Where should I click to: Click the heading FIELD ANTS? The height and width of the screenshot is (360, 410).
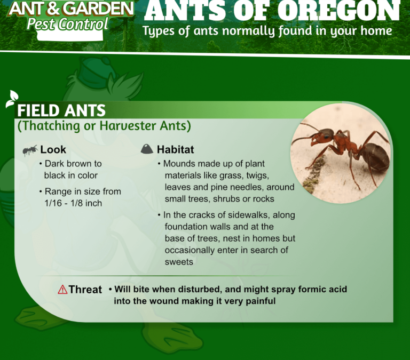tap(61, 110)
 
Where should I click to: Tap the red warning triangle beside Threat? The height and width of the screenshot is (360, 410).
tap(63, 290)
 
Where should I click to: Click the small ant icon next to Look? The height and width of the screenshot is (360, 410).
tap(30, 150)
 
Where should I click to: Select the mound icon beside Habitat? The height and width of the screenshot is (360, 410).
tap(147, 149)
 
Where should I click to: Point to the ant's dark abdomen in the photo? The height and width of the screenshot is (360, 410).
tap(374, 157)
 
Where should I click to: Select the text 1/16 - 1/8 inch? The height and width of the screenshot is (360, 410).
tap(73, 203)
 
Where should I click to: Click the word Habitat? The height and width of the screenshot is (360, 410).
tap(176, 150)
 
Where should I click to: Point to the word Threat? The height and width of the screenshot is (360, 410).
tap(85, 290)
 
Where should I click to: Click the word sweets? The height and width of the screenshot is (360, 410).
tap(179, 262)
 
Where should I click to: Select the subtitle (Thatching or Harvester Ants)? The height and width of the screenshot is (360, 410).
tap(104, 126)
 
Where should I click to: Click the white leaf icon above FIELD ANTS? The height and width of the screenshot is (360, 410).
tap(12, 99)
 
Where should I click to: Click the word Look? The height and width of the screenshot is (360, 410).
tap(53, 150)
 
